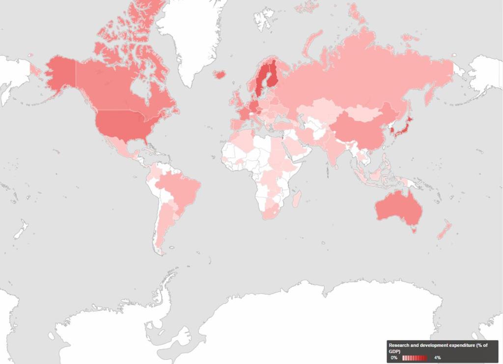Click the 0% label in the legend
tap(394, 358)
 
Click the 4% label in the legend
tap(437, 358)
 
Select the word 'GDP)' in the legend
tap(394, 351)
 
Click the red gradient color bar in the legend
tap(415, 358)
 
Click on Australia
tap(399, 208)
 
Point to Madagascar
tap(297, 198)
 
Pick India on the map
tap(335, 149)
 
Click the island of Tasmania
tap(414, 229)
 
